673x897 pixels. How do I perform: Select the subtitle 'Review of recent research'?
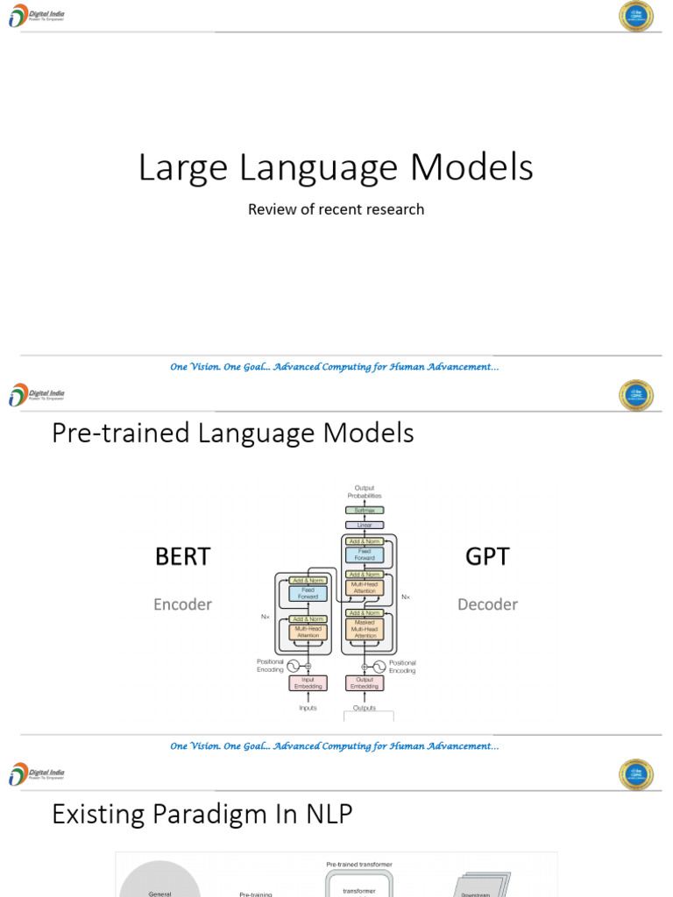click(x=336, y=209)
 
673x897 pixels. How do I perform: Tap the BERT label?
click(x=183, y=557)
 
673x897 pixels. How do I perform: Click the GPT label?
click(x=487, y=557)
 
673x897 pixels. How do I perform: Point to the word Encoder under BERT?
click(x=182, y=604)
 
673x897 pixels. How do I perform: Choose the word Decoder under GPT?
click(x=487, y=604)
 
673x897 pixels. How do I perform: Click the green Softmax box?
click(x=365, y=510)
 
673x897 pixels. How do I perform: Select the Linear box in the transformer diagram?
click(x=365, y=525)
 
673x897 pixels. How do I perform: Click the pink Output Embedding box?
click(x=365, y=682)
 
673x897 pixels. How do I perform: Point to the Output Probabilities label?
click(x=365, y=491)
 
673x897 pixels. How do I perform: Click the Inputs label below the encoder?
click(x=308, y=708)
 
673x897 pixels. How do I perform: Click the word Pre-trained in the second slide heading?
click(x=109, y=433)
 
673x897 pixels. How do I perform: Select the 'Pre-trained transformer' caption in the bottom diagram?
click(x=359, y=864)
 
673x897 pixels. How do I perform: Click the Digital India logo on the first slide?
click(x=36, y=16)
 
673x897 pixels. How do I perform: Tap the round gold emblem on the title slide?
click(x=636, y=16)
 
